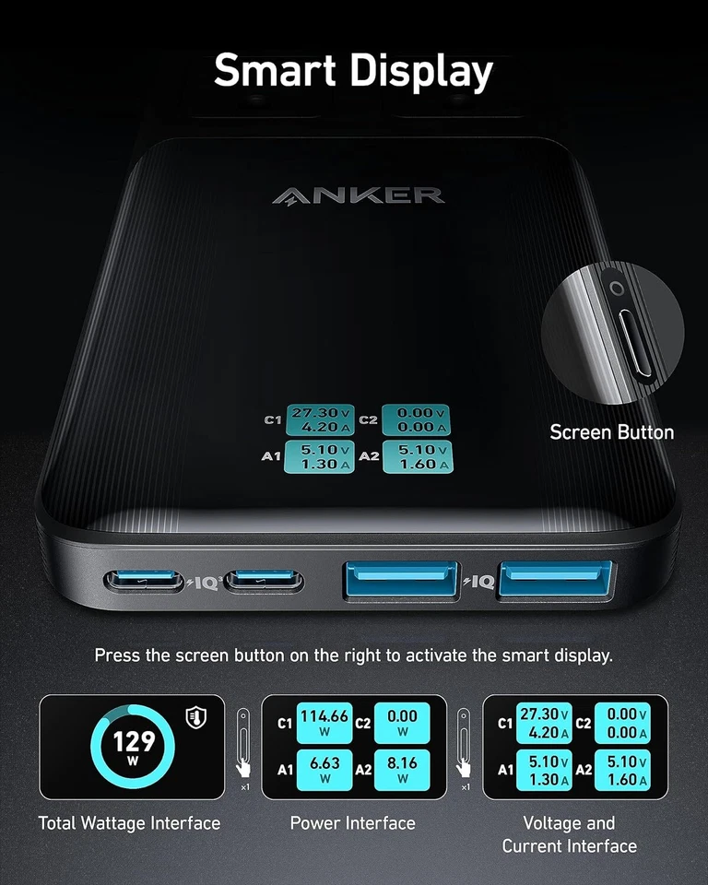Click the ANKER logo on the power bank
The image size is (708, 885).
(359, 195)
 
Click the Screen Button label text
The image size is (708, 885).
(611, 431)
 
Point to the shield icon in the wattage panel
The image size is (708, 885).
(195, 717)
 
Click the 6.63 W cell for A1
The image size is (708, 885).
(324, 768)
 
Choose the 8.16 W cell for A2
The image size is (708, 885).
(403, 768)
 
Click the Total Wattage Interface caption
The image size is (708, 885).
(130, 823)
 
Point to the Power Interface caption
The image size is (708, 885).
(353, 823)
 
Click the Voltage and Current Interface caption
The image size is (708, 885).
(569, 834)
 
